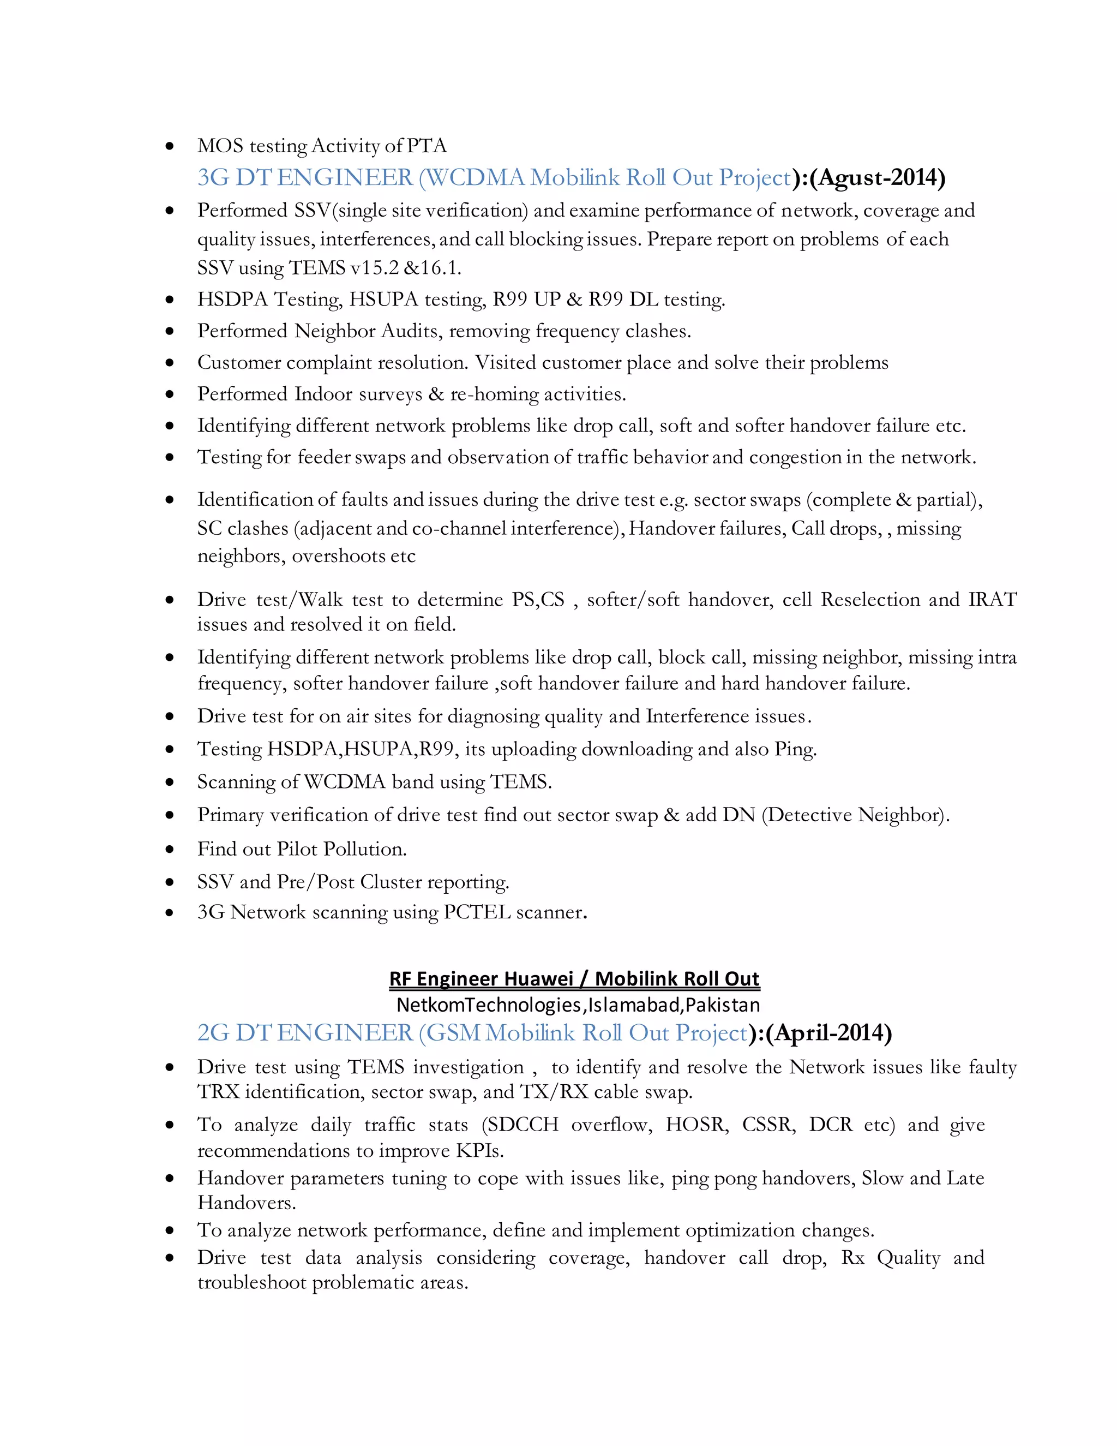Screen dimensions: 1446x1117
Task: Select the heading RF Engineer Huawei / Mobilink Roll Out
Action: pos(574,978)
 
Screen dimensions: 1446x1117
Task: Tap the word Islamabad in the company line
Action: pos(633,1005)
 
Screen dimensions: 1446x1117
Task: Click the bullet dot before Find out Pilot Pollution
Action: pos(170,850)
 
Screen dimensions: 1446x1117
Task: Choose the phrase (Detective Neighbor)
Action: pos(856,815)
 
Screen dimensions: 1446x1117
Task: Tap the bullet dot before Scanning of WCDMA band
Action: pos(170,782)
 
